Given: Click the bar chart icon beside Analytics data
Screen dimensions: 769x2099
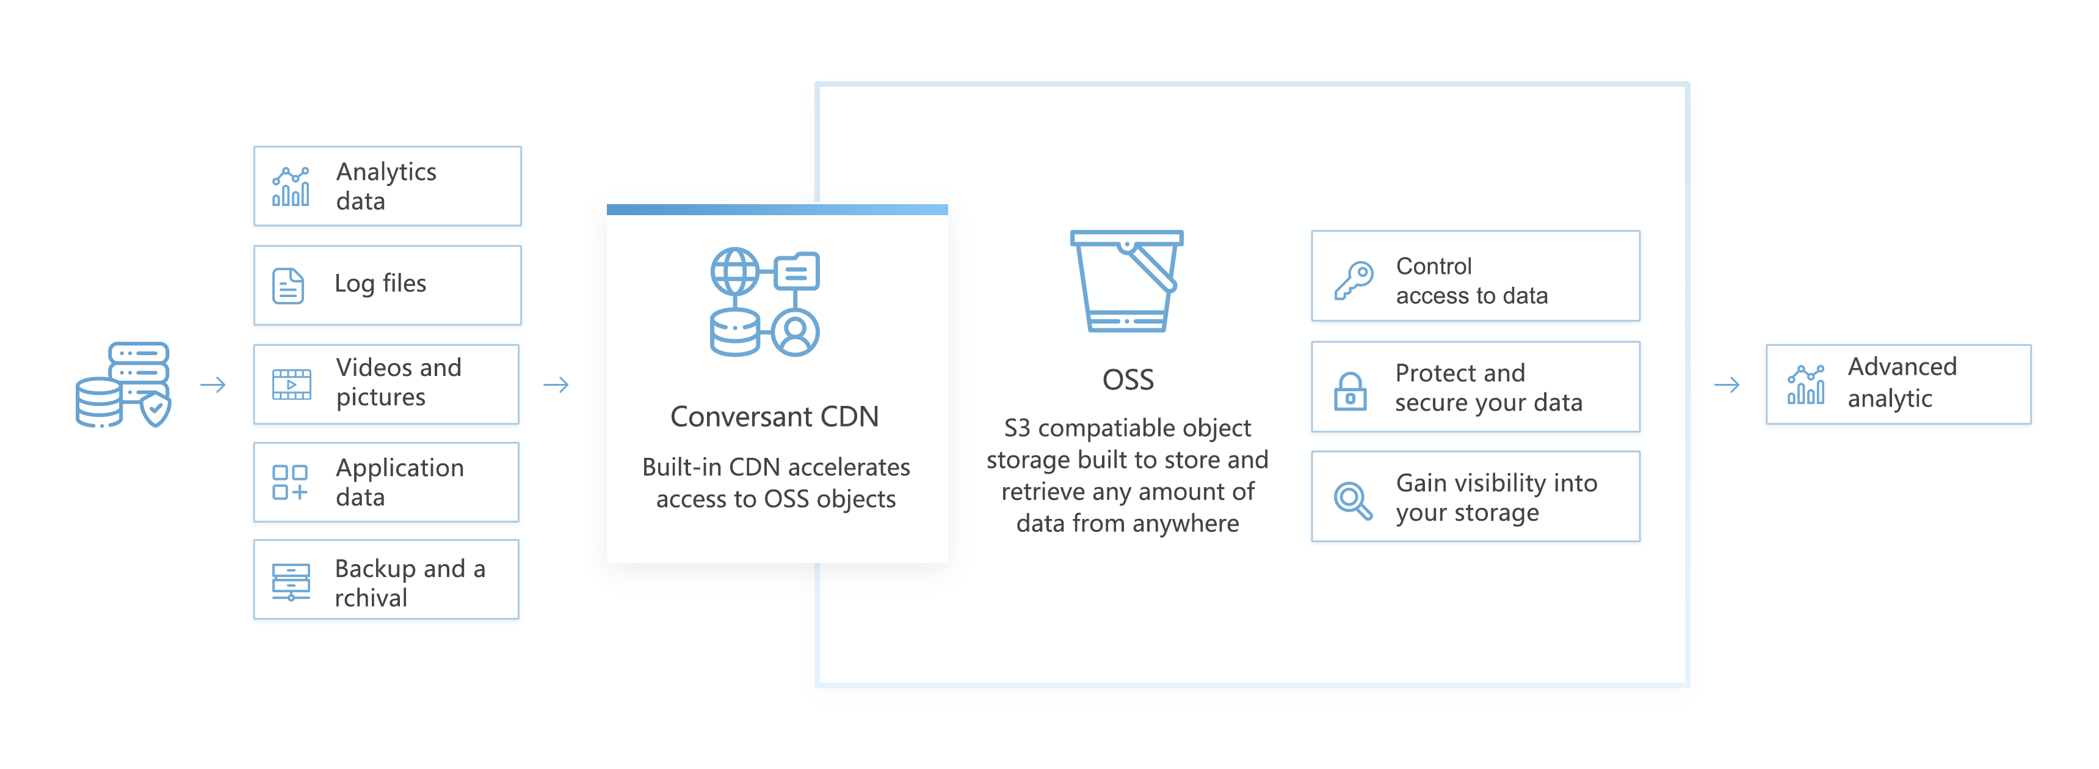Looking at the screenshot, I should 291,186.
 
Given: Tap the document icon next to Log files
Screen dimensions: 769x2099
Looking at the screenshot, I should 288,285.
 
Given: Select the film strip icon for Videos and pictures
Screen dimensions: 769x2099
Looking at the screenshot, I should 291,384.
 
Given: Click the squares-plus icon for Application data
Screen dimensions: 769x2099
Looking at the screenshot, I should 290,482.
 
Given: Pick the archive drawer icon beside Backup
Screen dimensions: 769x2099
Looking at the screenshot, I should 291,581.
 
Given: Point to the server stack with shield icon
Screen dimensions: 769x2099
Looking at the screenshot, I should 124,384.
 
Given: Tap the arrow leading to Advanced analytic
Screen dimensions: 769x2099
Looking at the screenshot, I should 1727,384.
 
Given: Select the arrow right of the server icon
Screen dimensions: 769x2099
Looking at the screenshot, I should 212,384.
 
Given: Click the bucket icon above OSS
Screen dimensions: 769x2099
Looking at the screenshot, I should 1127,281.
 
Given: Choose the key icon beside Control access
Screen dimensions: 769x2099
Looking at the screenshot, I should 1354,280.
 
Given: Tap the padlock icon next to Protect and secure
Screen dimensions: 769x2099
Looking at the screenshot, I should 1350,391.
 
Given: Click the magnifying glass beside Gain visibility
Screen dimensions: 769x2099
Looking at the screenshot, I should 1352,500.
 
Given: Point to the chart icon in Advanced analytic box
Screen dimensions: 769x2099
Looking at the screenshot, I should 1806,384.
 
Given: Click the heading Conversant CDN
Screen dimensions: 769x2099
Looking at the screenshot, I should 774,417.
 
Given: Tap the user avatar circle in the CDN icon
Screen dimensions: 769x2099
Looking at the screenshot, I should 796,333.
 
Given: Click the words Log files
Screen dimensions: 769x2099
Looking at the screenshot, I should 380,284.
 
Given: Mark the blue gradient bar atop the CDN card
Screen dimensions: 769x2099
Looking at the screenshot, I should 777,210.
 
